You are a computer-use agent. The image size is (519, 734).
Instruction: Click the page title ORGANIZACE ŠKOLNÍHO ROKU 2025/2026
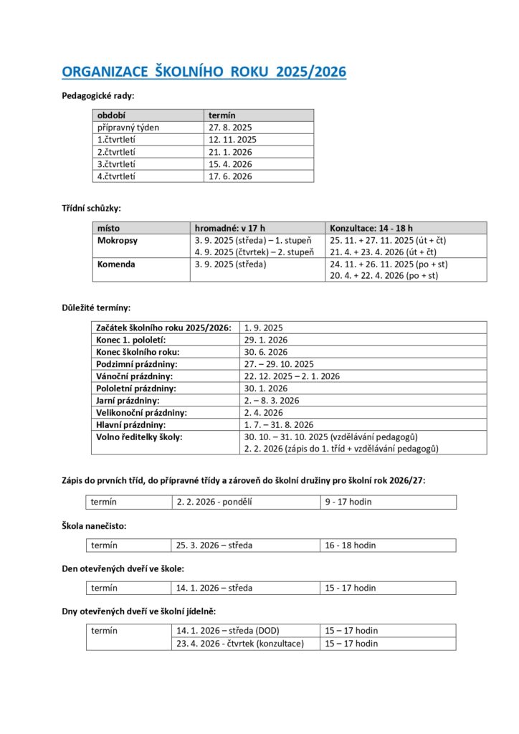pos(204,72)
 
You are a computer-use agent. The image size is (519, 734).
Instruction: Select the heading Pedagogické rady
pos(98,95)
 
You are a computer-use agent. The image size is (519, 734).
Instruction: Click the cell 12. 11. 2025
pos(232,140)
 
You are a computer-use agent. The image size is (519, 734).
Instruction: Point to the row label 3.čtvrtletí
pos(117,164)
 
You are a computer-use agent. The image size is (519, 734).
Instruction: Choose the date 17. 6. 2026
pos(230,176)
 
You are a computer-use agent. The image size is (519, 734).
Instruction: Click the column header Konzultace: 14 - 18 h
pos(371,228)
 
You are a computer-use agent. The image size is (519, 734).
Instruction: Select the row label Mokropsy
pos(117,240)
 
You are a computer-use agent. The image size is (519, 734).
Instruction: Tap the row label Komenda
pos(116,264)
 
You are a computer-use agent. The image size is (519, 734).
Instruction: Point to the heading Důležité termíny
pos(96,308)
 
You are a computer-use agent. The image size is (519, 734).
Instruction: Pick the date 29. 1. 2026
pos(266,340)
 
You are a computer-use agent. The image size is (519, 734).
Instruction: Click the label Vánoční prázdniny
pos(135,376)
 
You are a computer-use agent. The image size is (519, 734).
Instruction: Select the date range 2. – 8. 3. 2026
pos(272,401)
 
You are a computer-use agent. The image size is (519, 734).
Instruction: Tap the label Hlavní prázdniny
pos(131,424)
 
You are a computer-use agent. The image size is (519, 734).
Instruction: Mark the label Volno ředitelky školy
pos(139,437)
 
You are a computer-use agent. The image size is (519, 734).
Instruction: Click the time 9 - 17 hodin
pos(348,502)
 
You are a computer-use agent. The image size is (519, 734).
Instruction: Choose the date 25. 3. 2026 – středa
pos(214,545)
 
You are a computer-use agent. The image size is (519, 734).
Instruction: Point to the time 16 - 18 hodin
pos(351,545)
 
